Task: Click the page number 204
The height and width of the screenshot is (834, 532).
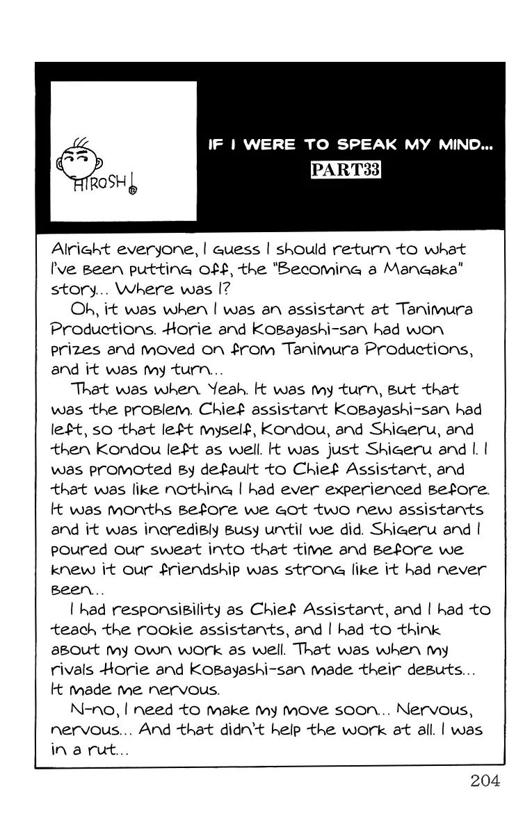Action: (x=485, y=780)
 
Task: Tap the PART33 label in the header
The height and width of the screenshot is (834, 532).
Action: (x=346, y=170)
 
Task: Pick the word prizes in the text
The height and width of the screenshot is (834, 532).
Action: (x=75, y=349)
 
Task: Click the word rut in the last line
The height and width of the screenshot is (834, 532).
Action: (x=104, y=751)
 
